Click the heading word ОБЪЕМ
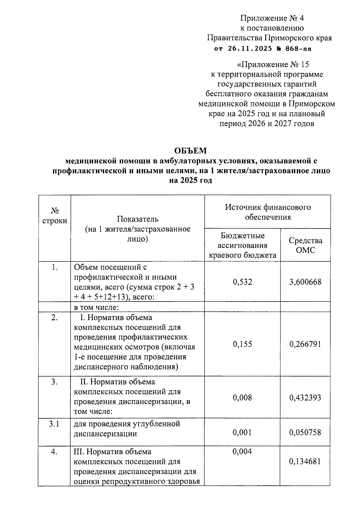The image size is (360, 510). [191, 151]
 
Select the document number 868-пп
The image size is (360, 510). [298, 49]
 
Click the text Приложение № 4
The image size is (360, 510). [272, 19]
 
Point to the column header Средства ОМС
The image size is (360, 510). [305, 245]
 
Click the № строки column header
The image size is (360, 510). [55, 216]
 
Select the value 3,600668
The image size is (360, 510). [305, 282]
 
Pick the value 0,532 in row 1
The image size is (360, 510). [242, 282]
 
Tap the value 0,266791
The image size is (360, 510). [305, 344]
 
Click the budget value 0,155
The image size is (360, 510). [242, 344]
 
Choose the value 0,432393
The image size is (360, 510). [305, 398]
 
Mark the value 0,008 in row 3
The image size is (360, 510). [242, 398]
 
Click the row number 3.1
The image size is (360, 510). [54, 424]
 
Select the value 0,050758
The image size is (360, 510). [305, 432]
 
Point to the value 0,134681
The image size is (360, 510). [305, 461]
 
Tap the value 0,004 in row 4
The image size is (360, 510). [242, 451]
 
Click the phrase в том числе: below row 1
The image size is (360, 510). [97, 307]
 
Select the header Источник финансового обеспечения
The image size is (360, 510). [268, 212]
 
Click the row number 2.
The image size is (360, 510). [54, 318]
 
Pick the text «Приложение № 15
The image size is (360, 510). [273, 64]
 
